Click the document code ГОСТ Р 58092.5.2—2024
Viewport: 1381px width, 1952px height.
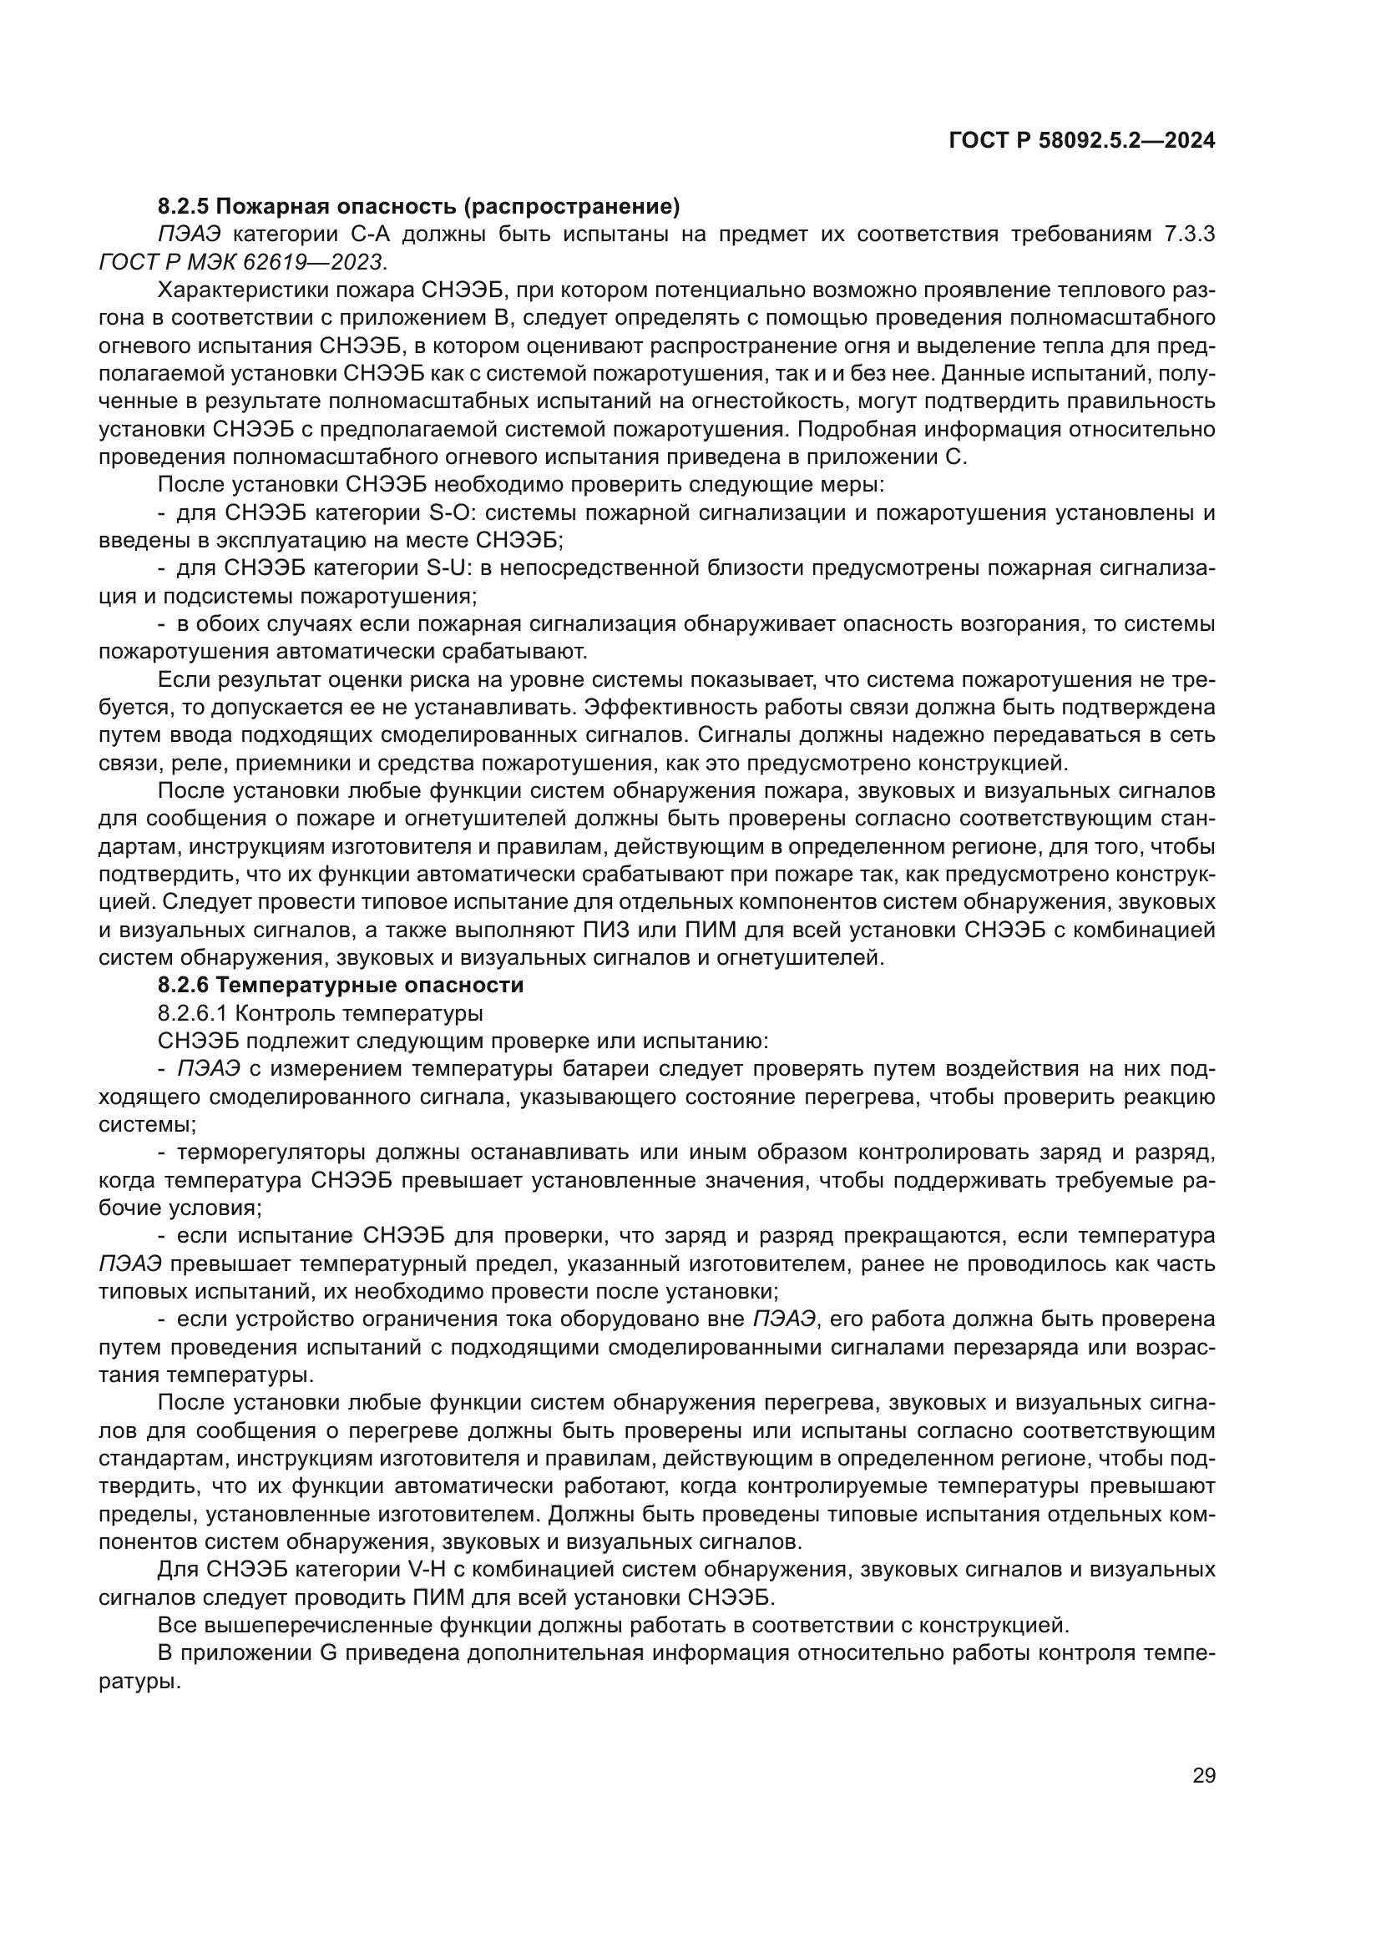coord(1081,141)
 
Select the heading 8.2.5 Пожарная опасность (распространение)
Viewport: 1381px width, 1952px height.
coord(418,206)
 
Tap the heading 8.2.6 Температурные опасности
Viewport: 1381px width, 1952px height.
coord(340,986)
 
